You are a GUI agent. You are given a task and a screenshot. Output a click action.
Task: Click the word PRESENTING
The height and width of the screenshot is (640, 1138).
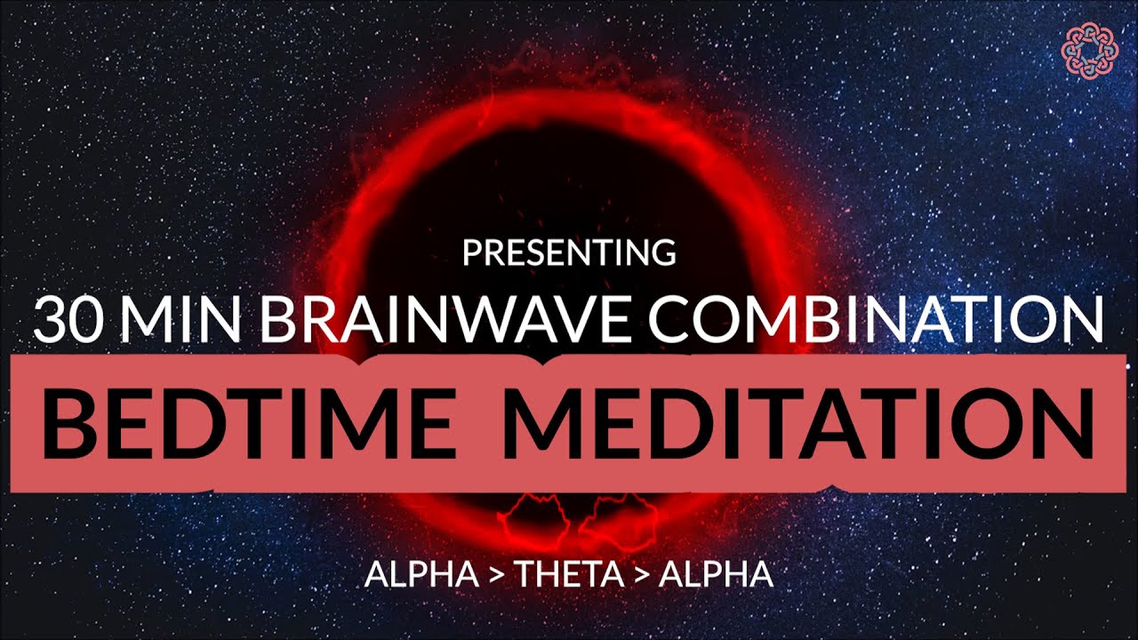point(569,252)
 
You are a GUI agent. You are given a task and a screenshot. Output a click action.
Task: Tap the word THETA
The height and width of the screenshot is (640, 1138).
point(569,574)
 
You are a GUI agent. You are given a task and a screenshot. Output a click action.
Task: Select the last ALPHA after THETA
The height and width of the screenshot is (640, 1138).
point(716,574)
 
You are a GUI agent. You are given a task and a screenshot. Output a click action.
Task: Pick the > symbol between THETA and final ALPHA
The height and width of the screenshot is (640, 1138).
point(643,575)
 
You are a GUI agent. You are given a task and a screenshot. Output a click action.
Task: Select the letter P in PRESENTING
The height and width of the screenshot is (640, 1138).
point(471,252)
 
